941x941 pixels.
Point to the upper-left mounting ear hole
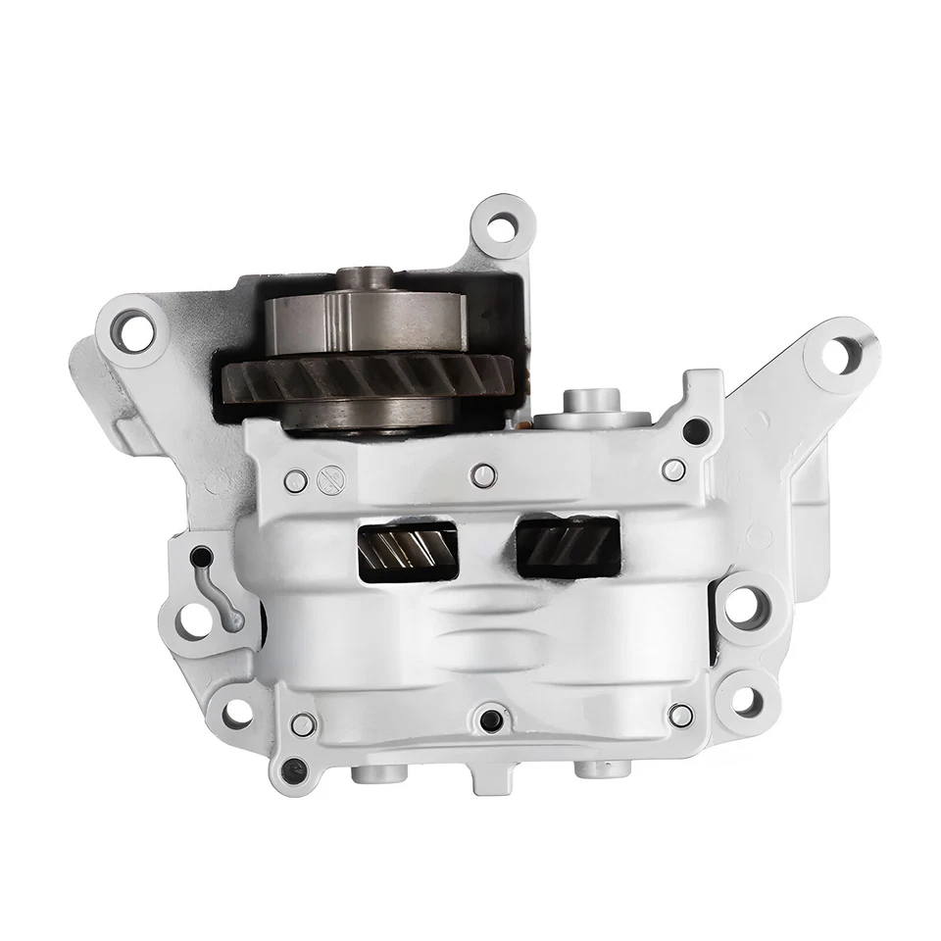click(133, 328)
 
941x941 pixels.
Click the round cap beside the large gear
click(592, 410)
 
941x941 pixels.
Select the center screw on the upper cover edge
click(482, 475)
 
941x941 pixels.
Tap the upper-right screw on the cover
click(673, 470)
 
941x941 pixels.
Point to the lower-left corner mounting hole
click(236, 713)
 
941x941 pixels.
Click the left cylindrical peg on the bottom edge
click(379, 773)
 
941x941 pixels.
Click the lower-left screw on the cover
click(303, 724)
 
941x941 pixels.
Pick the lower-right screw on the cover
click(680, 715)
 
